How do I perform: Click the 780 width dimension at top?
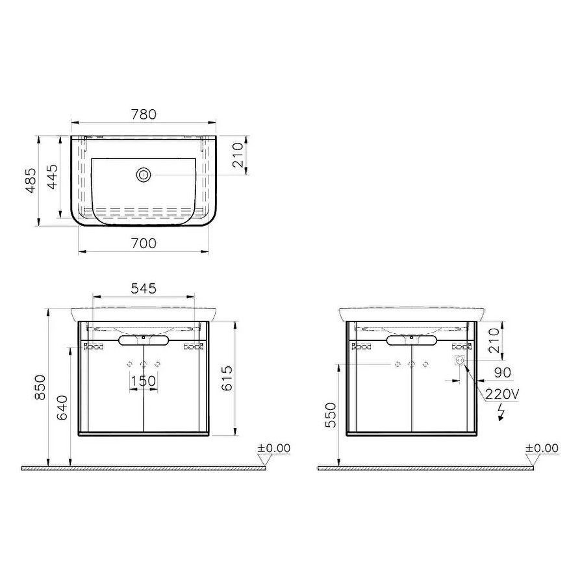click(144, 114)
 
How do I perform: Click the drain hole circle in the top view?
click(144, 174)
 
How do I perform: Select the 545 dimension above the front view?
click(144, 289)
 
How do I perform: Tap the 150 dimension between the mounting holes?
click(143, 381)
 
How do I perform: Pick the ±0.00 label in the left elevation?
click(274, 448)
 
